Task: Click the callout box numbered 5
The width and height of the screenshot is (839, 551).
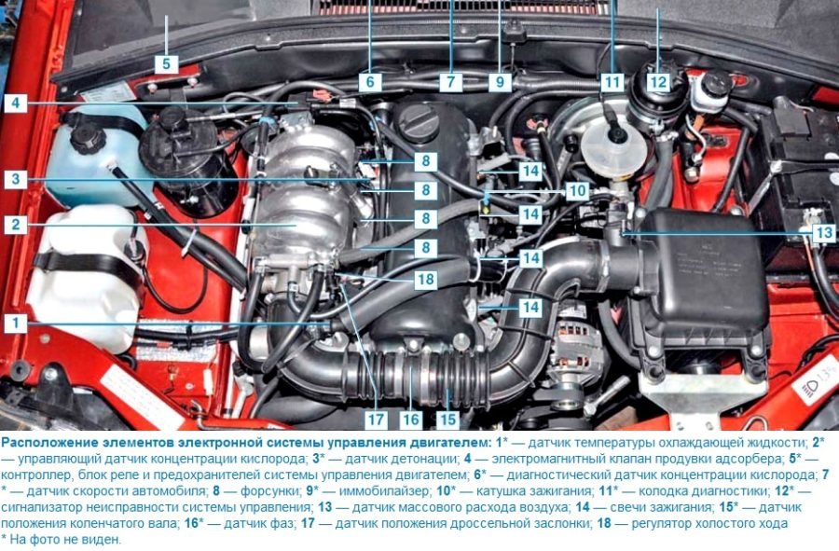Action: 167,64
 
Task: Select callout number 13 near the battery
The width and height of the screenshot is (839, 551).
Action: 824,232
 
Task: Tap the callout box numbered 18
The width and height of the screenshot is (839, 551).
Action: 426,280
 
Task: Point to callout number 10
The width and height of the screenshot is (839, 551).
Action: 577,190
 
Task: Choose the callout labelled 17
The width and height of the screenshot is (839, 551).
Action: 377,420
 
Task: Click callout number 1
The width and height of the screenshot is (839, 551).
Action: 16,324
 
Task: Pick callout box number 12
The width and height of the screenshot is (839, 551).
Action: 658,82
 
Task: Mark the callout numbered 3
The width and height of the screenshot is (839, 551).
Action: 16,179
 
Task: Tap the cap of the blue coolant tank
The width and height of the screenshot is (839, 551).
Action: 89,139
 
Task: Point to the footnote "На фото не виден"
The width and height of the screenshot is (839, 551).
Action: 66,539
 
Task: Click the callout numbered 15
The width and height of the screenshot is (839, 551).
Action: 447,420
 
